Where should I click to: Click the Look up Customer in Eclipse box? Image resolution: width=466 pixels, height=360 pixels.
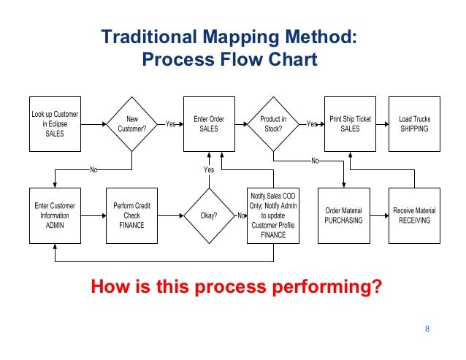[x=55, y=124]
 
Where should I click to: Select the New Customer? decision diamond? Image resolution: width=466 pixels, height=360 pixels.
[x=132, y=124]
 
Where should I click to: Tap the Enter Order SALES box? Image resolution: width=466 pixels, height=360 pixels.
[x=209, y=124]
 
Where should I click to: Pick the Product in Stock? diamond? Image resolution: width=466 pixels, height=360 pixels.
[x=273, y=124]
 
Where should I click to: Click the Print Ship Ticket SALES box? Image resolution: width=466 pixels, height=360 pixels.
[x=350, y=124]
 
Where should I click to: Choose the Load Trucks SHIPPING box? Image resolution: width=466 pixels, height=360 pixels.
[x=414, y=124]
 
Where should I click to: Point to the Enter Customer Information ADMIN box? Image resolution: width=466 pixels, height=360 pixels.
[x=55, y=215]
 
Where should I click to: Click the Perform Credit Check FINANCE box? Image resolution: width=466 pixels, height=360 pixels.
[x=132, y=215]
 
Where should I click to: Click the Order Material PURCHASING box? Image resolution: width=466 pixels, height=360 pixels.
[x=343, y=215]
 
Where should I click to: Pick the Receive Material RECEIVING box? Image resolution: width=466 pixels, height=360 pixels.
[x=414, y=215]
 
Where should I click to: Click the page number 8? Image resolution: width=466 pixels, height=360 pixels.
[x=427, y=332]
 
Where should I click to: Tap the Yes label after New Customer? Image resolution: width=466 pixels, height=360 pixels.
[x=171, y=124]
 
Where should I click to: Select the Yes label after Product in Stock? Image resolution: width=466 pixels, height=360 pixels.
[x=312, y=124]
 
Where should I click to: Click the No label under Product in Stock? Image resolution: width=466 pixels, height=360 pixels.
[x=315, y=161]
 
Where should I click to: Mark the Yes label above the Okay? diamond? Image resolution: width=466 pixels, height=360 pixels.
[x=209, y=169]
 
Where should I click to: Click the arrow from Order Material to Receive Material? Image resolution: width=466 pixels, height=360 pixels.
[x=376, y=215]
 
